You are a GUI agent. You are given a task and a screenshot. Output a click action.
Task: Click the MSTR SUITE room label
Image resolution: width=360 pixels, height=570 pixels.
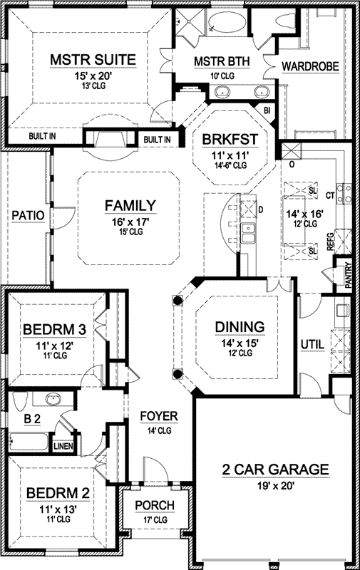[93, 59]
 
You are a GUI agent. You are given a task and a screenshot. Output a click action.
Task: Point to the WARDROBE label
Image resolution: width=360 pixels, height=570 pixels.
[310, 66]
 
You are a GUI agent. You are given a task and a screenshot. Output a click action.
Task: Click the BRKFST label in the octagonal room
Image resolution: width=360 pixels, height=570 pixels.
[230, 139]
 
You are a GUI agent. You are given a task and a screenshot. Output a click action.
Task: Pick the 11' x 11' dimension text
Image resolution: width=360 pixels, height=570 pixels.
[230, 155]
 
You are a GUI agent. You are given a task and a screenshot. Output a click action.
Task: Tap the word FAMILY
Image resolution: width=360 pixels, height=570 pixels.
[130, 206]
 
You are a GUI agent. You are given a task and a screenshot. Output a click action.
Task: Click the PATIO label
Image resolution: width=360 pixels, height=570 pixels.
[28, 215]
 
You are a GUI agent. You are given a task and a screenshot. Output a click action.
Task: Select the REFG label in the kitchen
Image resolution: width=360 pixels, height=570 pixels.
[330, 242]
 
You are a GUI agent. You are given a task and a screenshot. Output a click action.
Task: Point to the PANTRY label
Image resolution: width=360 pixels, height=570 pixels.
[349, 276]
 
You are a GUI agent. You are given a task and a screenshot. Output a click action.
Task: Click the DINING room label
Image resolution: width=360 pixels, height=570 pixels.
[240, 327]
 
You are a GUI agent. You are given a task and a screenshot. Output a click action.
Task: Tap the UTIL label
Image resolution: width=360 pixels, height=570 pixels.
[313, 344]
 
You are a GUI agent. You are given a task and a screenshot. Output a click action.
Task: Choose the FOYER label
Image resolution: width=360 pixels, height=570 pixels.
[159, 417]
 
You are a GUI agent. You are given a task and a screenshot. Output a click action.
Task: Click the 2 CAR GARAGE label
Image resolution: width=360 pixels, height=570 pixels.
[275, 469]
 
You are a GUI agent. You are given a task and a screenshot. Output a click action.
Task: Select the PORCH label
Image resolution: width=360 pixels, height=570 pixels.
[155, 505]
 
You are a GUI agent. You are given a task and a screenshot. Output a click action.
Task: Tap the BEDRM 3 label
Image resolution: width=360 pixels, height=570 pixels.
[55, 330]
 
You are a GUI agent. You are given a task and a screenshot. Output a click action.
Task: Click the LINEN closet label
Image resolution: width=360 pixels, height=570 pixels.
[63, 447]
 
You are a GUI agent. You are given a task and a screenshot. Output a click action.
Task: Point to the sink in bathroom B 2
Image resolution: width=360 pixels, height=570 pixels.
[53, 400]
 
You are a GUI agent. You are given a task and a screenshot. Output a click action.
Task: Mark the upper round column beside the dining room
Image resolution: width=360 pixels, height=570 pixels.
[177, 300]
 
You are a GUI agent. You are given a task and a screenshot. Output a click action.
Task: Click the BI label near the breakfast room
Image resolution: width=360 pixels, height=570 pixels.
[267, 110]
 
